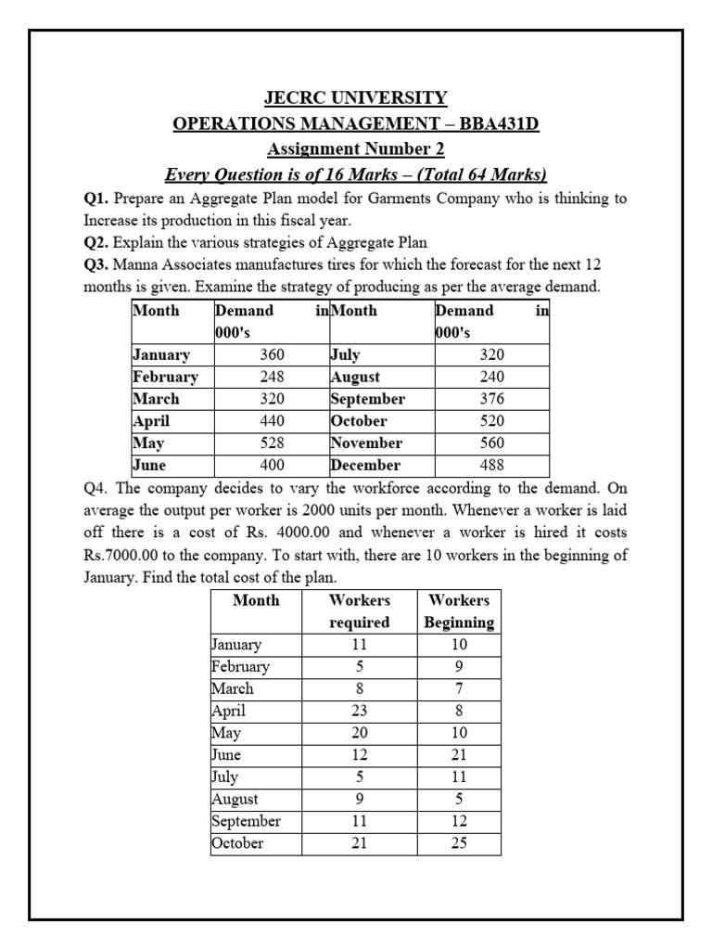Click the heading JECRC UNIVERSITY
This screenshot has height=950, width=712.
pyautogui.click(x=356, y=97)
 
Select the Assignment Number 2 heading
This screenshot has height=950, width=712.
pyautogui.click(x=356, y=148)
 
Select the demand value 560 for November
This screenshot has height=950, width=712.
pyautogui.click(x=492, y=443)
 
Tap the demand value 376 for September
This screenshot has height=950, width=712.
pyautogui.click(x=492, y=399)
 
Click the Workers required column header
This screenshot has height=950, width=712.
pyautogui.click(x=360, y=611)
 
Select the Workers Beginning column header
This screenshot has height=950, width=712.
pyautogui.click(x=459, y=611)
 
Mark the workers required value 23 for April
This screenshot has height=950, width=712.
pyautogui.click(x=360, y=711)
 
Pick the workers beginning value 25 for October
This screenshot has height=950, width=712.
pyautogui.click(x=459, y=843)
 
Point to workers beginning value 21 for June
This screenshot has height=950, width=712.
pyautogui.click(x=459, y=755)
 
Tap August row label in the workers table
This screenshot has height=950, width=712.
pyautogui.click(x=235, y=800)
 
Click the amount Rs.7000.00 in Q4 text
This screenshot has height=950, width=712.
pyautogui.click(x=126, y=555)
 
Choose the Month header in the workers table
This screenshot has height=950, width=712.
pyautogui.click(x=256, y=600)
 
